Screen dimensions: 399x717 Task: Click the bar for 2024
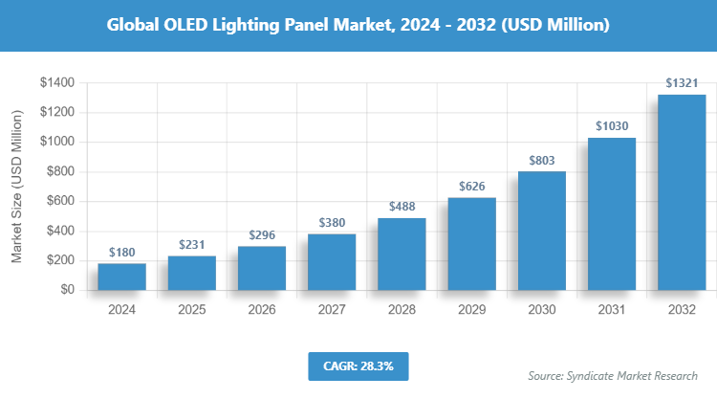122,277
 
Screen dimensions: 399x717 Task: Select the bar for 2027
332,261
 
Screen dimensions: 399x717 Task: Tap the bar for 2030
542,231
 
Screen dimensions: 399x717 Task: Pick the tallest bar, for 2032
682,192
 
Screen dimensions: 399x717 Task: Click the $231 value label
192,245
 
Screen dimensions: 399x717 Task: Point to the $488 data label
402,207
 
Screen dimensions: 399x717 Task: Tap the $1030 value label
612,126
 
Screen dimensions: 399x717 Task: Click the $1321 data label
682,84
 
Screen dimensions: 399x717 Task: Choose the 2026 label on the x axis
262,309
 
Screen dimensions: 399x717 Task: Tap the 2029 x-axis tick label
471,309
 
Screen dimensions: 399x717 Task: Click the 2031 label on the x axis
612,309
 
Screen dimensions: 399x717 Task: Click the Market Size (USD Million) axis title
17,187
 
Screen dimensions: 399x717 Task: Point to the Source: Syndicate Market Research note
613,375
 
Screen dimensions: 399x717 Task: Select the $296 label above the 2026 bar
262,235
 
